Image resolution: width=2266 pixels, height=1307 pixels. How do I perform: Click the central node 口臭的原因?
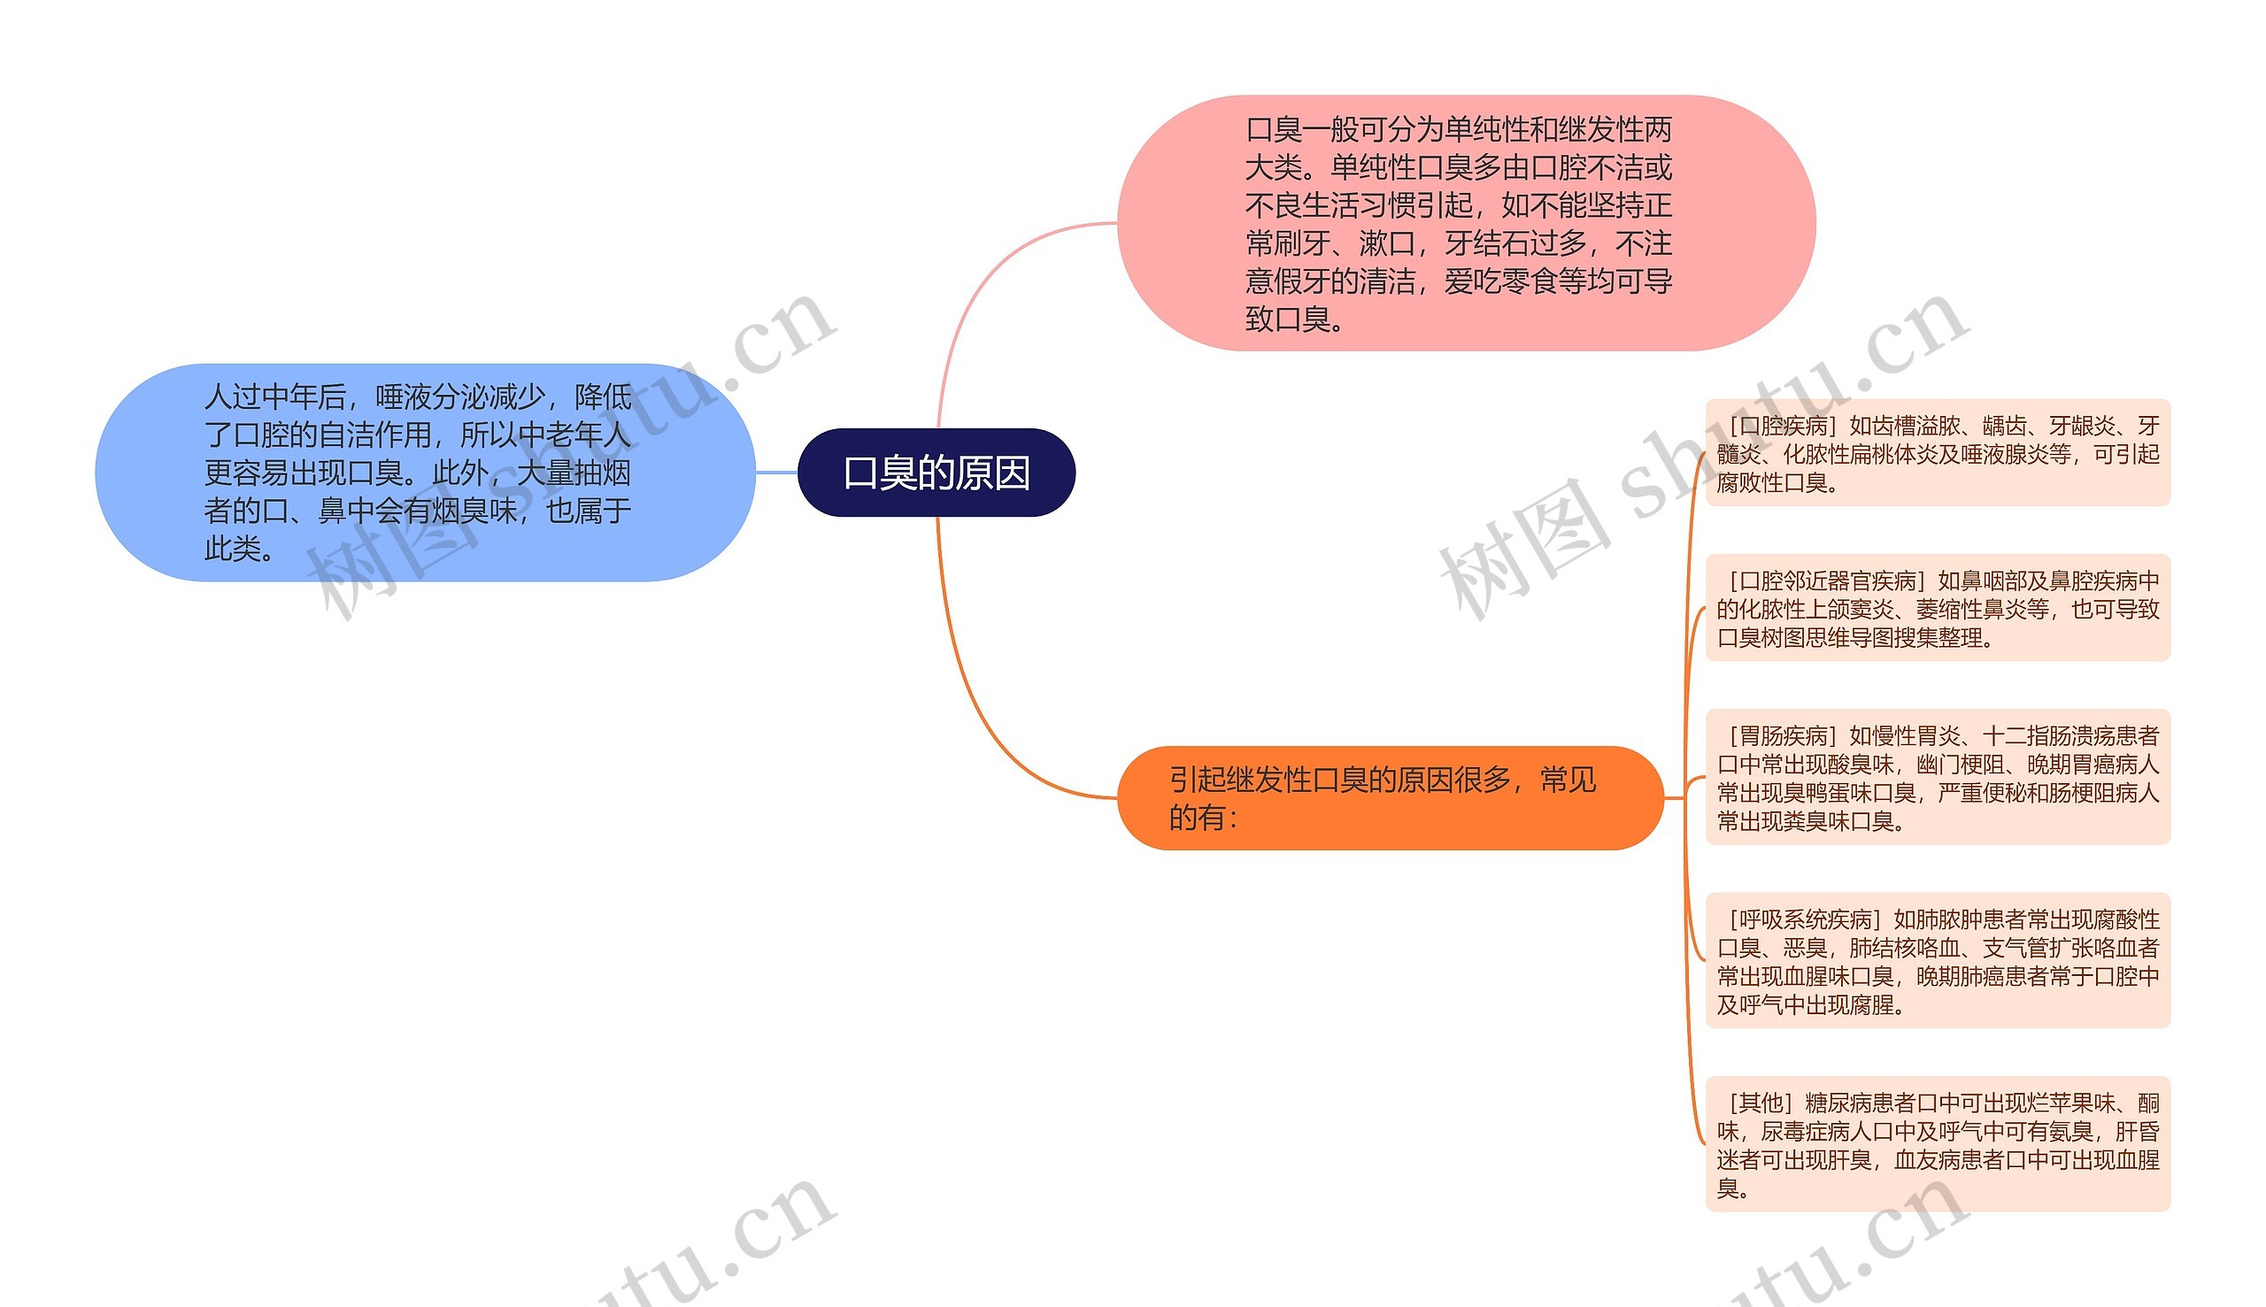point(936,473)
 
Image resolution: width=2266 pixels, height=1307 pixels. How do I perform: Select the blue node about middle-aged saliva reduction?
point(424,473)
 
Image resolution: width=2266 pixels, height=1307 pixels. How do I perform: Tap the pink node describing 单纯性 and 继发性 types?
point(1465,224)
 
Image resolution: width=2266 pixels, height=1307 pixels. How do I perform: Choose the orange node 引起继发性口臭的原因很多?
point(1389,798)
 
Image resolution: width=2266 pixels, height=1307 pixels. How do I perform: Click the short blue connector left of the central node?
point(776,473)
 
